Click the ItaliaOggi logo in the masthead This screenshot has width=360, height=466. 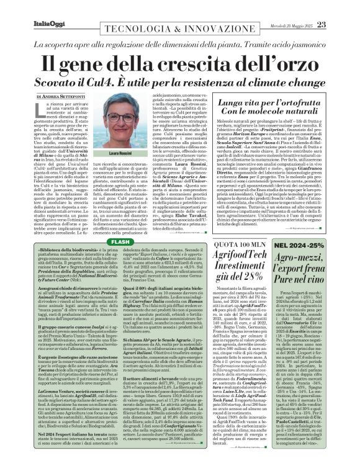29,7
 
